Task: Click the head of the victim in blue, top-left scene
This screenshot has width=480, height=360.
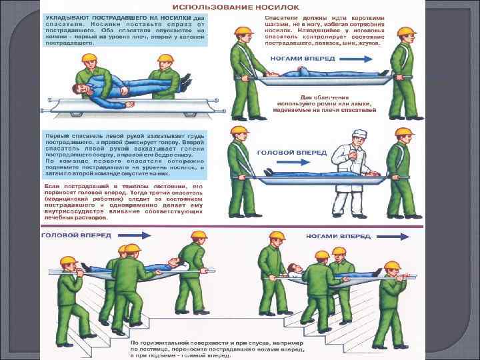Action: tap(79, 89)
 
